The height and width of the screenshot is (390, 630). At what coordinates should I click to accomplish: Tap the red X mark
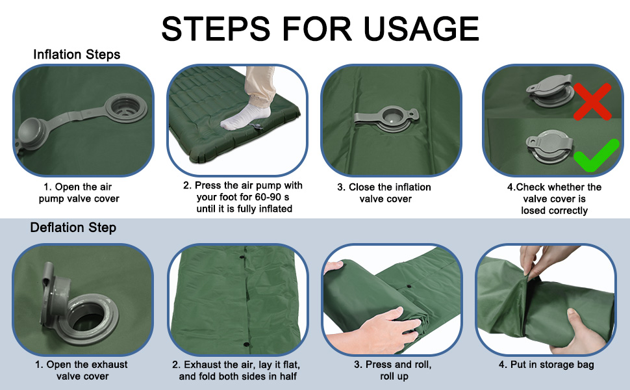592,101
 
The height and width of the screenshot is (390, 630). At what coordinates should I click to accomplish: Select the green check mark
596,156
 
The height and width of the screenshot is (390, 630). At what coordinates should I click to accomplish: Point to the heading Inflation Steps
77,55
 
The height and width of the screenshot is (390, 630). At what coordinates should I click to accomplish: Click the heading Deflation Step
73,227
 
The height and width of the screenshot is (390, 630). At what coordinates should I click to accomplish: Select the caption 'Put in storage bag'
552,365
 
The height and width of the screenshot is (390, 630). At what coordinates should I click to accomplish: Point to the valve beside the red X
549,90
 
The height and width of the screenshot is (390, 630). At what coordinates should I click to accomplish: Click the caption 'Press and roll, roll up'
393,370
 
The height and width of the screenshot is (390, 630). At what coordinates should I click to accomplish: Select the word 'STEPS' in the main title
216,29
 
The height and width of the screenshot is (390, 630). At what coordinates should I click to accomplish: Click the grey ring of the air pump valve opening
126,108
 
